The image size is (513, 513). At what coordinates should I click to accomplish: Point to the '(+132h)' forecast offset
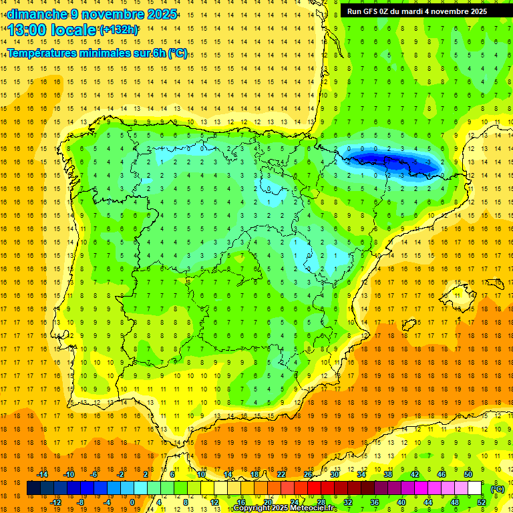tap(119, 30)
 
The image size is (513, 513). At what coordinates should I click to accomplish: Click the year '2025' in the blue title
tap(162, 13)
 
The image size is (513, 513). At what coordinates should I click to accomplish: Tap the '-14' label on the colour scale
tap(42, 474)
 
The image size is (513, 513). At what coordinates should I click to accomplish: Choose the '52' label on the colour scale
tap(482, 502)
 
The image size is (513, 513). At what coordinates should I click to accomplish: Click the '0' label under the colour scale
tap(132, 502)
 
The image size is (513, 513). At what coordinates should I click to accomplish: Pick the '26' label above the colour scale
tap(308, 474)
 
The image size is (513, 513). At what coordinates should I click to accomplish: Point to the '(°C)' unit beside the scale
tap(498, 489)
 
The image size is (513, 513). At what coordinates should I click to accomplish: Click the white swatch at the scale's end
tap(474, 488)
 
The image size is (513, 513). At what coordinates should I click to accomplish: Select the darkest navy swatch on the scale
tap(33, 488)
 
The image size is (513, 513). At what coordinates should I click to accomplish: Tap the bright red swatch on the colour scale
tap(314, 488)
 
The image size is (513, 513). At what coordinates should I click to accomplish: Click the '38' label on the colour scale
tap(387, 474)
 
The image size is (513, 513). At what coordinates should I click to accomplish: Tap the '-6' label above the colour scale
tap(94, 474)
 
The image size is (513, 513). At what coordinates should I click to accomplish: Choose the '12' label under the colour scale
tap(214, 502)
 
